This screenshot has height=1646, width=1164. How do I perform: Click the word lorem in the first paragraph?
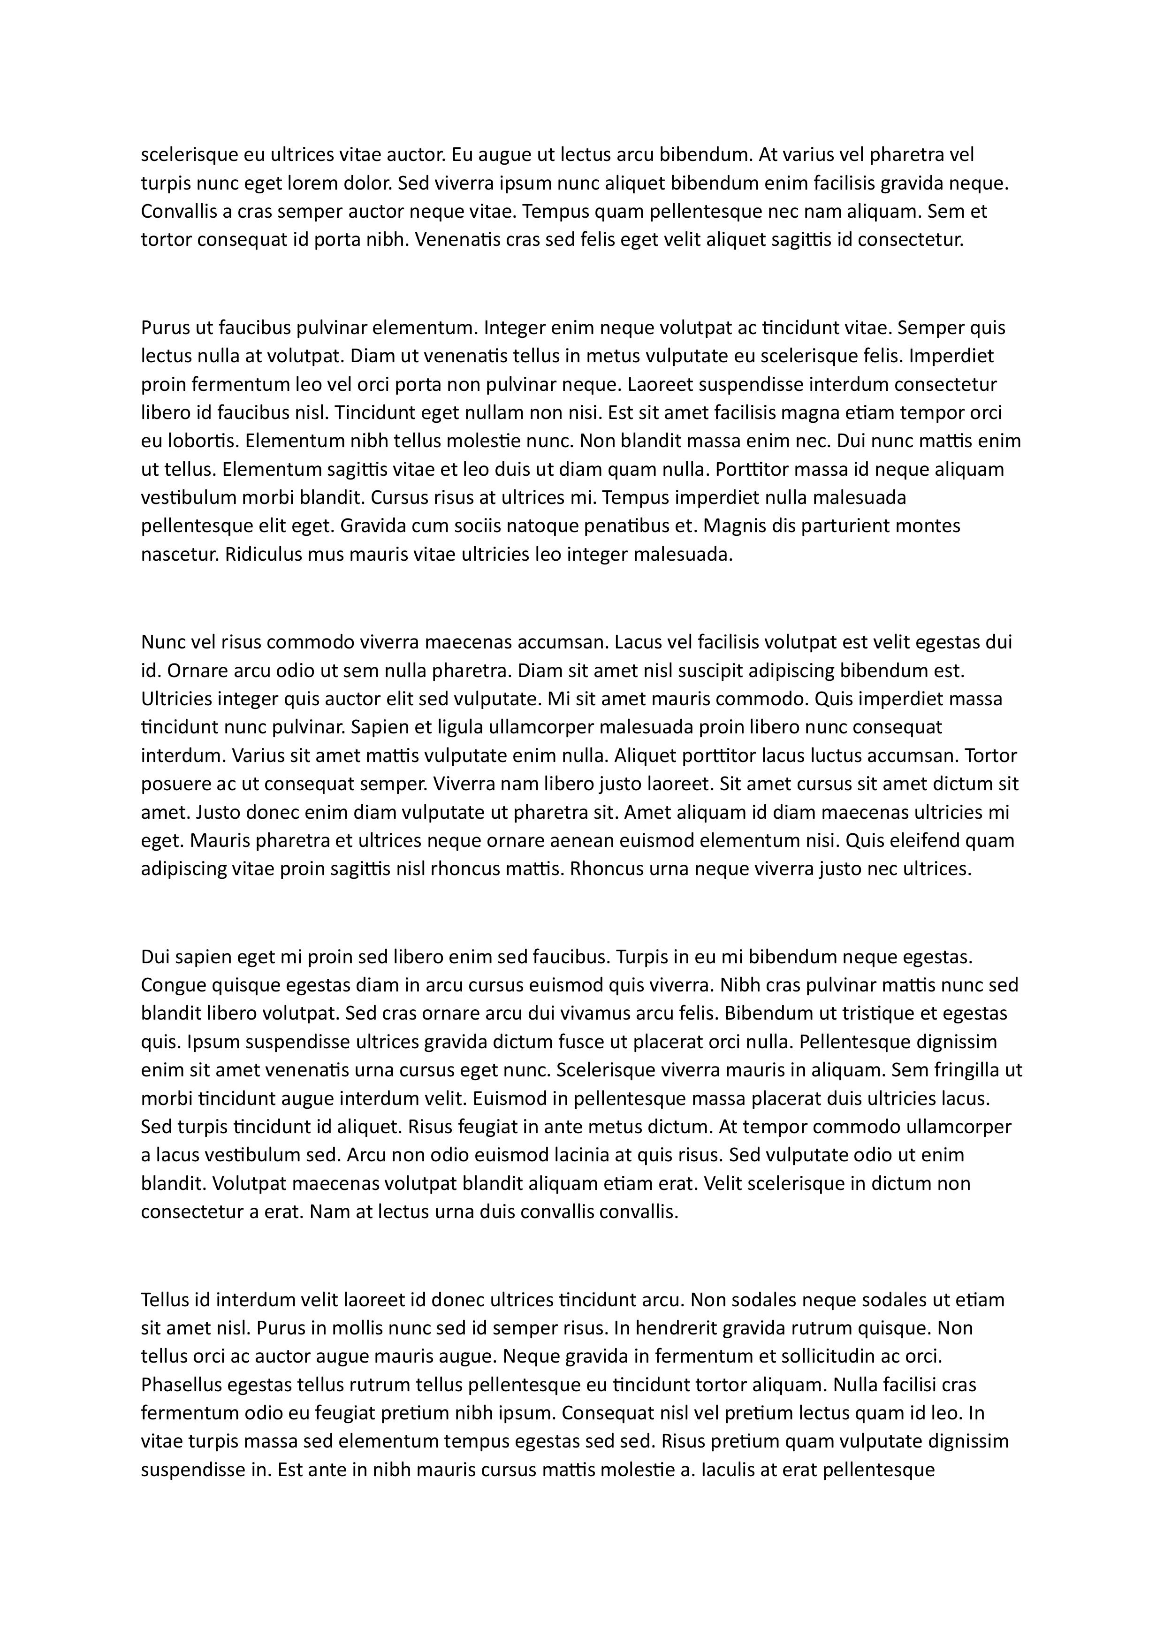point(312,183)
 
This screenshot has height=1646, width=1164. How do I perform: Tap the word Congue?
point(173,985)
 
